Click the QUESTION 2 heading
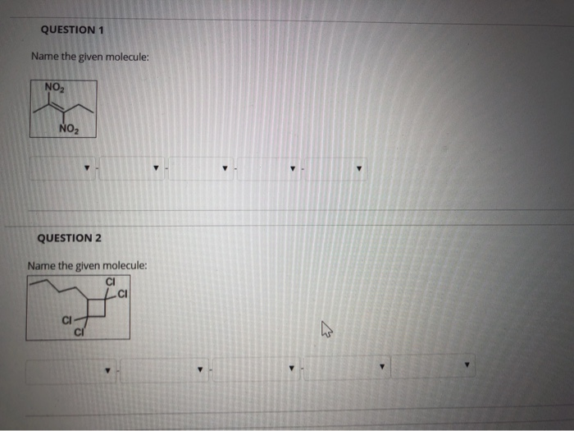[70, 238]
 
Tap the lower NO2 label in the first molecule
[70, 128]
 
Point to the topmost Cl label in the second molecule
[111, 284]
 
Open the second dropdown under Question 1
[133, 169]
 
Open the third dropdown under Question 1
[202, 169]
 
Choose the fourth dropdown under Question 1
[269, 169]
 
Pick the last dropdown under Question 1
[336, 169]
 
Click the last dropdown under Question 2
[434, 366]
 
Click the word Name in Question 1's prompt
[45, 57]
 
